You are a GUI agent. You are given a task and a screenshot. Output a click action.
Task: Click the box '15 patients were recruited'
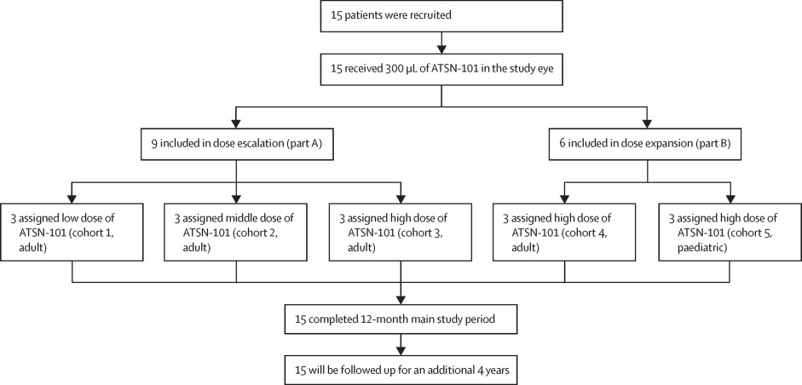[440, 14]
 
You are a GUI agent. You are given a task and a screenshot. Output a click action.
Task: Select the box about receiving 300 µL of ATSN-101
[440, 66]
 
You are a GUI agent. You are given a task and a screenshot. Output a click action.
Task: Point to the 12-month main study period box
[401, 319]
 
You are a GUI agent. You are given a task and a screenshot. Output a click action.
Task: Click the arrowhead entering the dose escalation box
[235, 122]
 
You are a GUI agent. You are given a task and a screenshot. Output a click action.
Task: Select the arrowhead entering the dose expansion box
[647, 122]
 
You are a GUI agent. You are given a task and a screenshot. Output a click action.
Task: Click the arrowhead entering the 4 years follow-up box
[401, 351]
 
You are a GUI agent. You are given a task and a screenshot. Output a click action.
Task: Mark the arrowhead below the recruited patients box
[440, 46]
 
